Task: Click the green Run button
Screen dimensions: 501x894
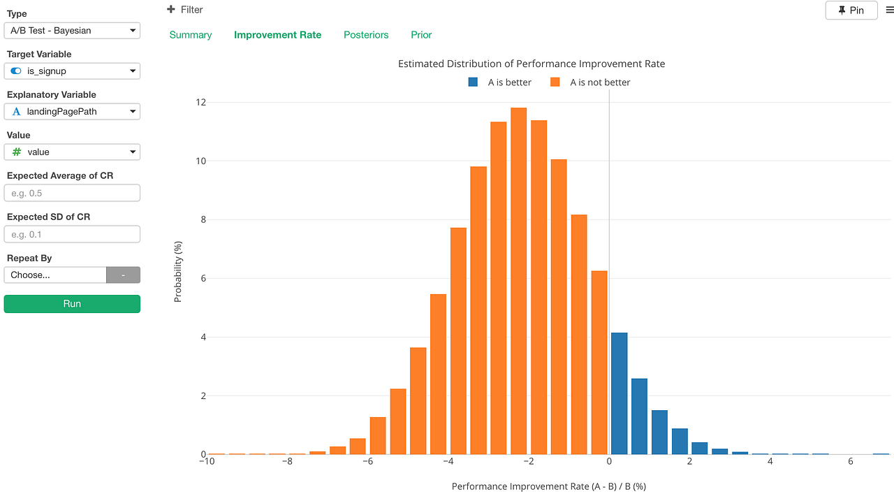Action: pyautogui.click(x=72, y=304)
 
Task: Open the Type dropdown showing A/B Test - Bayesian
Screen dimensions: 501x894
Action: pyautogui.click(x=72, y=31)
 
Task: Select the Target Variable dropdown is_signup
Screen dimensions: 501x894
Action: pyautogui.click(x=72, y=71)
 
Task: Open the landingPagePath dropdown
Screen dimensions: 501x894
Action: pyautogui.click(x=72, y=112)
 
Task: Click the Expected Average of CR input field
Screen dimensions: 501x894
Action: pyautogui.click(x=72, y=194)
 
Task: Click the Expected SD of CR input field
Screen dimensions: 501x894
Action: pyautogui.click(x=72, y=234)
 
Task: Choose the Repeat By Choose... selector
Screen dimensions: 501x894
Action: pyautogui.click(x=55, y=275)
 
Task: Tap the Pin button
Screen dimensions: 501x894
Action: pyautogui.click(x=851, y=10)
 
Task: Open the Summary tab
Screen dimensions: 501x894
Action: pyautogui.click(x=191, y=35)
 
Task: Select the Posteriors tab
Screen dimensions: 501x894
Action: pyautogui.click(x=366, y=35)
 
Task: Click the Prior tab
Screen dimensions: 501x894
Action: pyautogui.click(x=421, y=35)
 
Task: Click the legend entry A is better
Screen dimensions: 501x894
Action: pyautogui.click(x=500, y=82)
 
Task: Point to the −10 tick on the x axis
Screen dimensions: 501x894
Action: pyautogui.click(x=207, y=462)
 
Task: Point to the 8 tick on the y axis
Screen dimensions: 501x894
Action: pyautogui.click(x=201, y=219)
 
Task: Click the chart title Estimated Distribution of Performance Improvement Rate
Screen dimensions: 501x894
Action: pyautogui.click(x=531, y=64)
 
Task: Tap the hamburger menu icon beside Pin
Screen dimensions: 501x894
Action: pyautogui.click(x=889, y=10)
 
